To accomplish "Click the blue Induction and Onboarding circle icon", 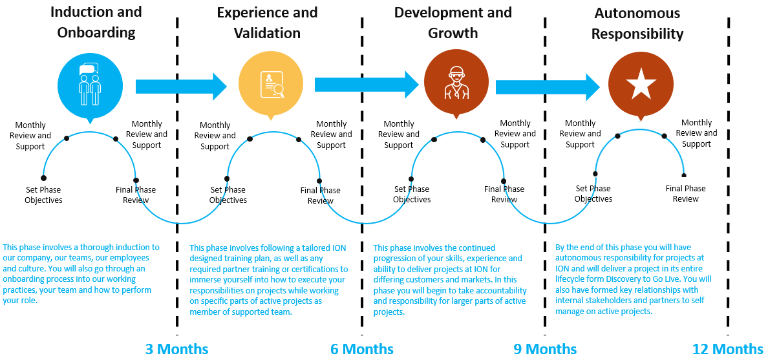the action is [x=89, y=84].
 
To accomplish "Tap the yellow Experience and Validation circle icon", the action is [x=270, y=84].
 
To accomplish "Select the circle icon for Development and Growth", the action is [x=456, y=84].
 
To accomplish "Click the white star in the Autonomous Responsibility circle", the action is [x=640, y=84].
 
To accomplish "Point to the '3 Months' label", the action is [x=177, y=349].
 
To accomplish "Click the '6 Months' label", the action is [x=362, y=349].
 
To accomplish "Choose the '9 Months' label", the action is [x=545, y=349].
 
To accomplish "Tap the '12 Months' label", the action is [x=728, y=349].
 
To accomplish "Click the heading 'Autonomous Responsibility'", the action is [x=637, y=23].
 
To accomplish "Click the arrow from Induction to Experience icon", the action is [x=181, y=86].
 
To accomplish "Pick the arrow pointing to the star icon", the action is [x=548, y=87].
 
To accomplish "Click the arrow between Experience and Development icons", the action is [x=367, y=84].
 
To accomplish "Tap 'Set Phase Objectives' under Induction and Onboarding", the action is [x=44, y=195].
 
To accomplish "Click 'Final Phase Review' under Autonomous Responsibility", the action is [x=685, y=193].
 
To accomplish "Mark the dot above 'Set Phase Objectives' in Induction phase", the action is [x=43, y=178].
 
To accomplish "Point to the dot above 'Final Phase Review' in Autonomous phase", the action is [x=684, y=175].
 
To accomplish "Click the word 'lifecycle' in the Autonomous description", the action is [x=571, y=279].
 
